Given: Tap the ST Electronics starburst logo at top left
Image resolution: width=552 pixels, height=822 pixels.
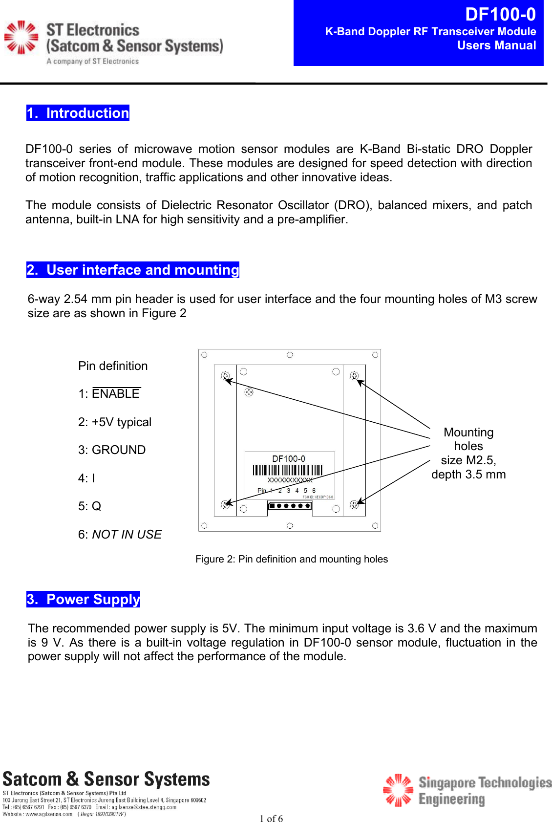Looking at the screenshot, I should tap(21, 37).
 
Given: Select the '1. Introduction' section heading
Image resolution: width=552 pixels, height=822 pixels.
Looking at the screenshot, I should tap(78, 113).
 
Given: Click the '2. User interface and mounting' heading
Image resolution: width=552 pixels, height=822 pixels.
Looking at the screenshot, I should tap(133, 270).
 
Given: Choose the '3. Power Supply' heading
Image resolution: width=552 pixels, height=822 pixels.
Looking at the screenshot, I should tap(84, 599).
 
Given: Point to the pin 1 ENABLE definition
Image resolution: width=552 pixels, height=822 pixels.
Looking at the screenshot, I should tap(109, 394).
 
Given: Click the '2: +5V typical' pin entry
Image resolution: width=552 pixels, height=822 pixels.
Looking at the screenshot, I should tap(115, 422).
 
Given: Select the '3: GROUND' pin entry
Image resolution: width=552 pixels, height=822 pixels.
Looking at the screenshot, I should tap(112, 450).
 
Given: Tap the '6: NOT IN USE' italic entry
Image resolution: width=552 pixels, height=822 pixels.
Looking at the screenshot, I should tap(120, 535).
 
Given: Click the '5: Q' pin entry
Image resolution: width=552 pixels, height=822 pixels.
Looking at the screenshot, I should tap(90, 506).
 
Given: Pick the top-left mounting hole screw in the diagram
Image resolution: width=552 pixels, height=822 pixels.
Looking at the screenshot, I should tap(225, 376).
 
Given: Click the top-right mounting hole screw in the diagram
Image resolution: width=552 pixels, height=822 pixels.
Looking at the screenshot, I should tap(355, 376).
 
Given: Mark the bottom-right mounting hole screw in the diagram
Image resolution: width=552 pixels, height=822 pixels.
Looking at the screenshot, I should tap(355, 505).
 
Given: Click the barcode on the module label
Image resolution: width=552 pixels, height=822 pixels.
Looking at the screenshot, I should tap(288, 470).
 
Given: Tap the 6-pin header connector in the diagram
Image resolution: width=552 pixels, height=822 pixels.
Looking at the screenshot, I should tap(290, 506).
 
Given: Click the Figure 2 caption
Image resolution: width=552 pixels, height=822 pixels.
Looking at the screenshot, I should tap(292, 559).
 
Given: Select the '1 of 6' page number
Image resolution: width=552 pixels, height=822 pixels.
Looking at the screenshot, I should tap(271, 819).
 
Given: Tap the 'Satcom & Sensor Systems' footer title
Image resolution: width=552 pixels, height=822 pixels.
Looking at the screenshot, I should tap(106, 779).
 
